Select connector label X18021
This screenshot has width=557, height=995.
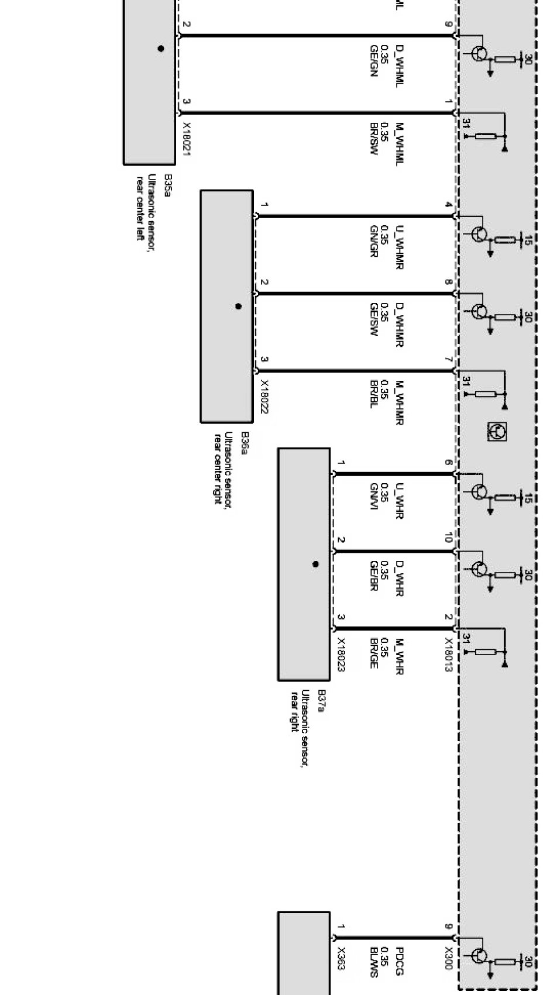(187, 139)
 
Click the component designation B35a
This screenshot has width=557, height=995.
(167, 185)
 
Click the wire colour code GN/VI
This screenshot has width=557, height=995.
(374, 497)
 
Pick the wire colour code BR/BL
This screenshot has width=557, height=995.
(374, 394)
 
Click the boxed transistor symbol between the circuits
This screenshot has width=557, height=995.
(497, 432)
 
